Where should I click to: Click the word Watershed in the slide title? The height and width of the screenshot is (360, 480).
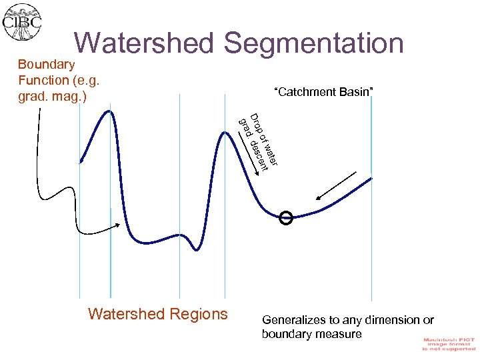143,43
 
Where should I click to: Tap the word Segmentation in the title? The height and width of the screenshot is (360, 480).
313,43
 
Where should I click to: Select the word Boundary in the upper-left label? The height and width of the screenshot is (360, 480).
46,65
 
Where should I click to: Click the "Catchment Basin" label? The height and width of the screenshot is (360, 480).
323,91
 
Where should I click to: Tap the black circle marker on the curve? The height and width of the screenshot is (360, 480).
286,218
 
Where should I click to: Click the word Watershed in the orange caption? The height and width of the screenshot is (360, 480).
125,314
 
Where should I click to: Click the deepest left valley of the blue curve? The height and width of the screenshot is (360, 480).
195,249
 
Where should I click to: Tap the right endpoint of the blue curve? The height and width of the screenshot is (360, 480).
372,177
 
